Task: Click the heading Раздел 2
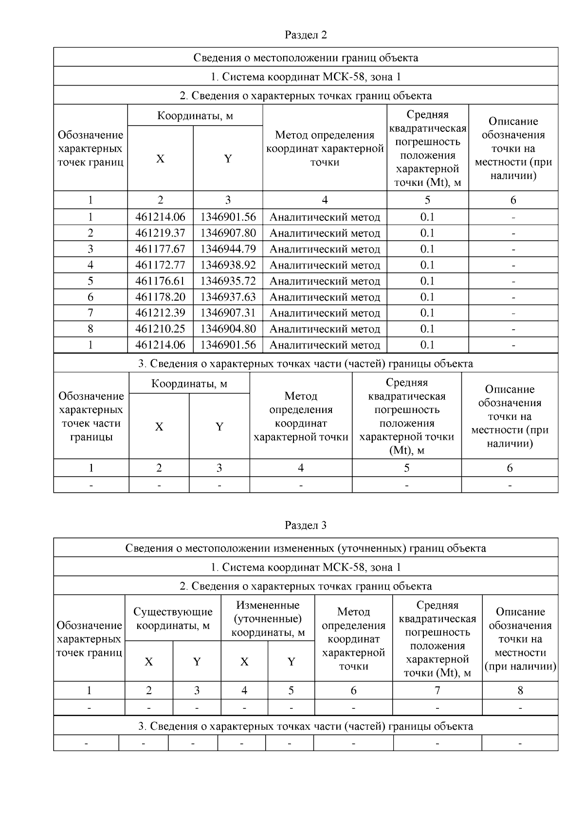306,35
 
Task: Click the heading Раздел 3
306,525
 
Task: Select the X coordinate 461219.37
160,233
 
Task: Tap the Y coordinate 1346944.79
228,249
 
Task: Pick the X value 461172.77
160,265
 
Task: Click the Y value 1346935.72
228,281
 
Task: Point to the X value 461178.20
160,297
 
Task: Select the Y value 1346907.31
228,313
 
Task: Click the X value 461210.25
160,329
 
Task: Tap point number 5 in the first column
91,281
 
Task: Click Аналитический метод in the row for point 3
325,249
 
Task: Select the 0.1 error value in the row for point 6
427,297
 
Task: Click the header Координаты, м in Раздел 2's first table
195,116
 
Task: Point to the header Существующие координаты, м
173,618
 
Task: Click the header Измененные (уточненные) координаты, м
268,618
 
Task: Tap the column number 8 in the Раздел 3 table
520,690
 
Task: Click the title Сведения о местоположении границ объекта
306,58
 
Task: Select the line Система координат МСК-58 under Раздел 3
306,567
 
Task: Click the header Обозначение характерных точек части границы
91,416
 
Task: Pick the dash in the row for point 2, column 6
513,233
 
